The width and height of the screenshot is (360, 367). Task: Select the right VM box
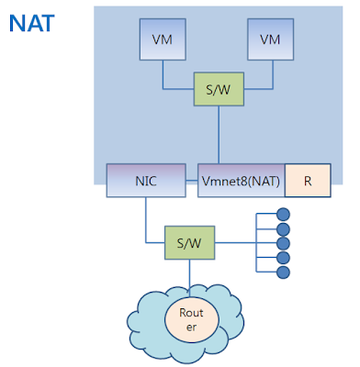click(x=269, y=41)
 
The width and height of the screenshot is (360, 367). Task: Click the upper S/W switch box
click(x=218, y=89)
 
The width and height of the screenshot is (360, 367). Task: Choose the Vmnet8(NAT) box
click(x=241, y=181)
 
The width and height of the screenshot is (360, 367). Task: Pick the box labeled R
click(x=309, y=181)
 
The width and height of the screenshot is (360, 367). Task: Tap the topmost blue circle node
click(x=283, y=214)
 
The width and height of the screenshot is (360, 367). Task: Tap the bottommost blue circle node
click(x=283, y=272)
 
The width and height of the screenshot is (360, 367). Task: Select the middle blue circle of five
click(x=283, y=243)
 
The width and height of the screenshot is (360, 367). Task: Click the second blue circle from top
click(x=283, y=228)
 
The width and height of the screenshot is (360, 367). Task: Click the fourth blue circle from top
click(x=283, y=258)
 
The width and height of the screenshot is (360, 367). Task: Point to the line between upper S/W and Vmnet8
click(x=218, y=133)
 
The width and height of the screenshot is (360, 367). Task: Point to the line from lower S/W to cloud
click(x=190, y=271)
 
